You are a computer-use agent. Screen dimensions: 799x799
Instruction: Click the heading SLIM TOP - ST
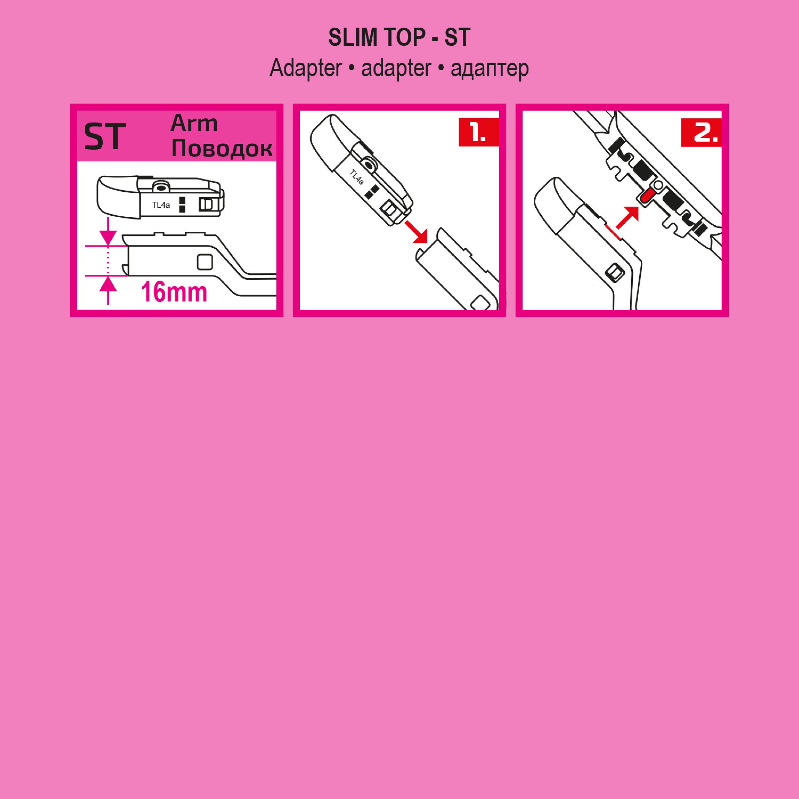click(x=399, y=38)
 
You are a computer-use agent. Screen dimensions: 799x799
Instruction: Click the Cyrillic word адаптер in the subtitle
click(x=490, y=68)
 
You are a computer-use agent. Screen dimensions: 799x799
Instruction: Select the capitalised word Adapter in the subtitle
click(x=305, y=67)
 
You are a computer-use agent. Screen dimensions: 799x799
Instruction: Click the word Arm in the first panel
click(x=194, y=123)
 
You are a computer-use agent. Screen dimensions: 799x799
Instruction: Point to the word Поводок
click(x=222, y=149)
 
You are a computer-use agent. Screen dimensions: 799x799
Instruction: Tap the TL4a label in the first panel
click(x=161, y=205)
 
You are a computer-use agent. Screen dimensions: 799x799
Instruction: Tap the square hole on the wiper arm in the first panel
click(x=205, y=262)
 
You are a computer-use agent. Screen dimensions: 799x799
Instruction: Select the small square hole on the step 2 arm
click(x=615, y=272)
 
